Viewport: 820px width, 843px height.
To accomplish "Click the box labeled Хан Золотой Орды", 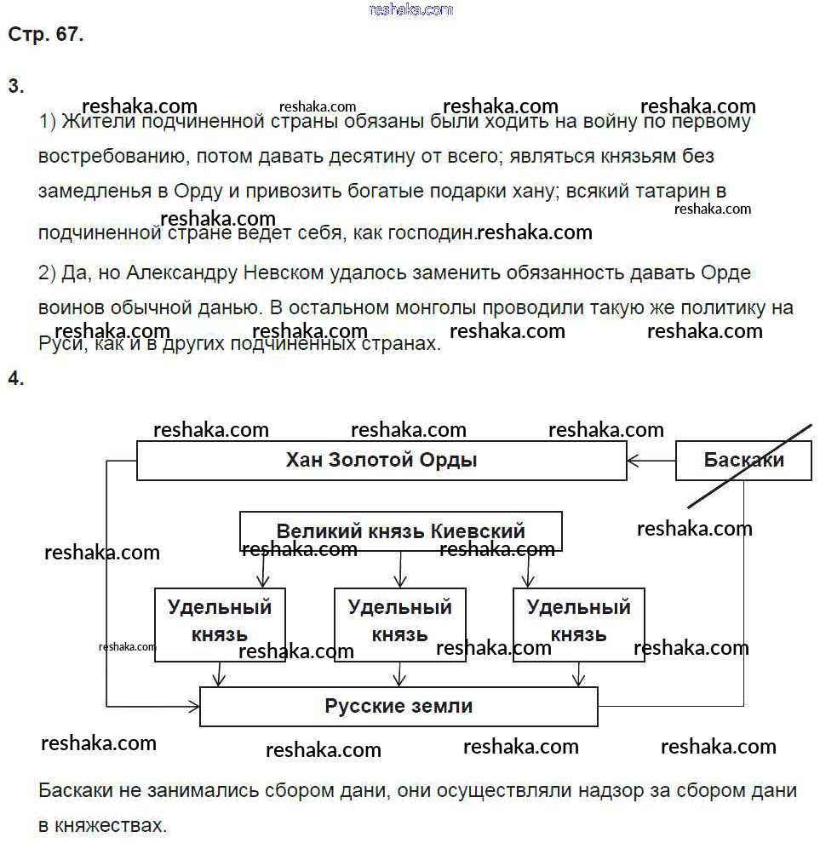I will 381,461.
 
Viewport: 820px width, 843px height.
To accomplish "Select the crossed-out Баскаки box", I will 743,461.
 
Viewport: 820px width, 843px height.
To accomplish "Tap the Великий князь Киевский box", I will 400,531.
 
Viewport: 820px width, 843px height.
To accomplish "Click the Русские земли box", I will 399,706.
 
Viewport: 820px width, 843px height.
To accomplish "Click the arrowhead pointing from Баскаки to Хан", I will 633,462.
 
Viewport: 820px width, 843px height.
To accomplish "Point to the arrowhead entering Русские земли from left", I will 193,706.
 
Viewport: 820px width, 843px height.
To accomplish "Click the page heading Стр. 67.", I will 45,35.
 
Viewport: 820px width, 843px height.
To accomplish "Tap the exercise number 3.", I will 15,86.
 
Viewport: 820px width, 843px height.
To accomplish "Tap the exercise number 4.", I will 15,379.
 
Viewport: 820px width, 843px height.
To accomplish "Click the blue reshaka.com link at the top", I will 411,9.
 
